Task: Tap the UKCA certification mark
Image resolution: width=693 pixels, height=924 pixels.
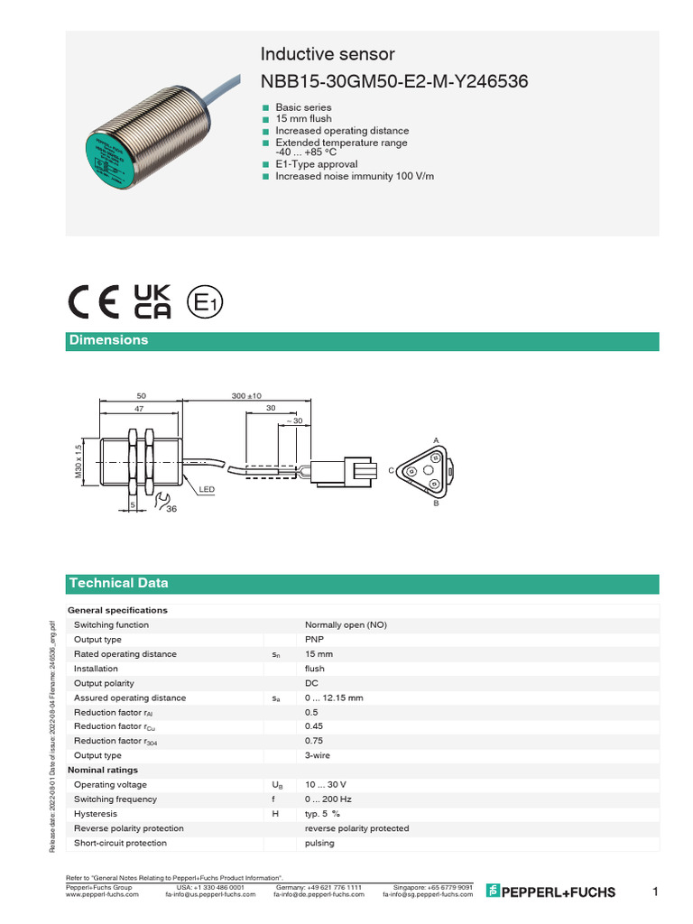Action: coord(152,302)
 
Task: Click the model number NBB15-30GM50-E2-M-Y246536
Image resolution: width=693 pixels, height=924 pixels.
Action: coord(394,82)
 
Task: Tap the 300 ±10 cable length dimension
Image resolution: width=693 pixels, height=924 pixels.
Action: coord(245,395)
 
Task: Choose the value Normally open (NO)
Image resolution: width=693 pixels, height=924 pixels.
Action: coord(346,625)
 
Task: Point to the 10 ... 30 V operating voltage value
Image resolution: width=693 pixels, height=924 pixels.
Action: coord(325,785)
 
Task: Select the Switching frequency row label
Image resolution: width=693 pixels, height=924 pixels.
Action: coord(115,799)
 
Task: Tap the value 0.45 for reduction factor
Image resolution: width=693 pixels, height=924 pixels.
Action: coord(313,726)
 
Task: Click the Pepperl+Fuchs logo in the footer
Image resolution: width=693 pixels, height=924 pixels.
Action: coord(550,892)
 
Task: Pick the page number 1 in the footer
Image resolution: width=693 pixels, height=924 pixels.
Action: coord(655,892)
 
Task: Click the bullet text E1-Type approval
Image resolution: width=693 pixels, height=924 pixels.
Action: coord(316,164)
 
